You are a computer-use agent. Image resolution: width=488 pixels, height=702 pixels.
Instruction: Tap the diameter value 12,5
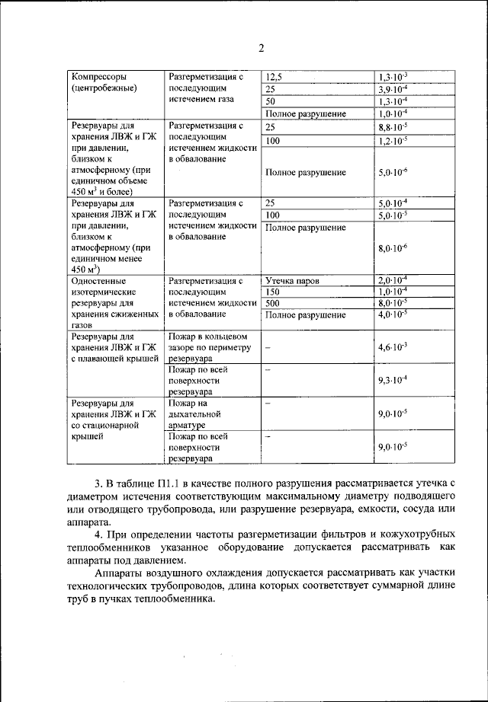pyautogui.click(x=273, y=77)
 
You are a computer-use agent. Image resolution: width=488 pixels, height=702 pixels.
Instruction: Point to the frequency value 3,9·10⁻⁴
pyautogui.click(x=393, y=89)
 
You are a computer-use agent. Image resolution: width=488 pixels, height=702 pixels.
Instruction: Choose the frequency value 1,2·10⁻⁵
pyautogui.click(x=393, y=141)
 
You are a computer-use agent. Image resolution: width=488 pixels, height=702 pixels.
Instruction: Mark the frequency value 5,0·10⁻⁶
pyautogui.click(x=393, y=173)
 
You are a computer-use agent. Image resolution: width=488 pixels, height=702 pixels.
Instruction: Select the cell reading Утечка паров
pyautogui.click(x=291, y=281)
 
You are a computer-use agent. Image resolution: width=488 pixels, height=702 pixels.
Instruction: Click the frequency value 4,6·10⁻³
pyautogui.click(x=393, y=347)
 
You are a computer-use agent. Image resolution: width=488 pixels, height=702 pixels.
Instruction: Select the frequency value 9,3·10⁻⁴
pyautogui.click(x=393, y=379)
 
